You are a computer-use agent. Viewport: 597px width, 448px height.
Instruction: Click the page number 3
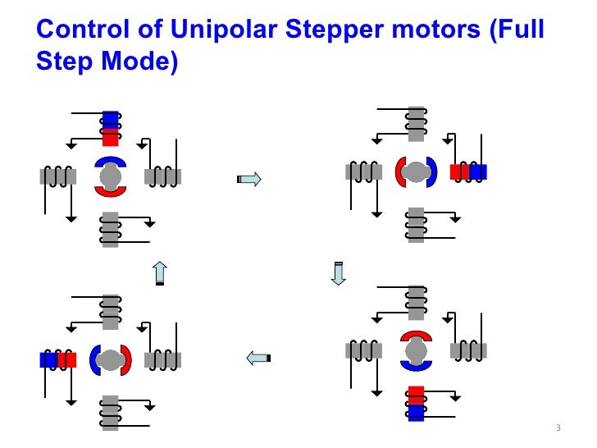[x=558, y=429]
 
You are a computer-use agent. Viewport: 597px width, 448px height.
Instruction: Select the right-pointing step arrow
[x=248, y=179]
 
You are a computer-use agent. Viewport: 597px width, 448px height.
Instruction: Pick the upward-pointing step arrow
[x=161, y=272]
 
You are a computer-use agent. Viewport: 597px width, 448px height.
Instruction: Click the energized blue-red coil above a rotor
[x=110, y=128]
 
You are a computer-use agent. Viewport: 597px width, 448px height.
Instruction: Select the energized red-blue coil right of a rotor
[x=468, y=171]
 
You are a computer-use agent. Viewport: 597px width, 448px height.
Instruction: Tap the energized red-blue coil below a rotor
[x=417, y=403]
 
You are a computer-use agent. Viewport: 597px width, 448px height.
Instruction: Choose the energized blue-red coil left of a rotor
[x=58, y=359]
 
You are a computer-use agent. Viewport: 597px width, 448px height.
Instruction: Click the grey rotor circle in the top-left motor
[x=110, y=176]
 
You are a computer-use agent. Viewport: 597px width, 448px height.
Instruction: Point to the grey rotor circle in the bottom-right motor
[x=417, y=351]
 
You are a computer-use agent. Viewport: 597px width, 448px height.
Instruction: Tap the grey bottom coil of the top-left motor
[x=110, y=229]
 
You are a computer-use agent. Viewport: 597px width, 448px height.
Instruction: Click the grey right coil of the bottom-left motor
[x=162, y=359]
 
